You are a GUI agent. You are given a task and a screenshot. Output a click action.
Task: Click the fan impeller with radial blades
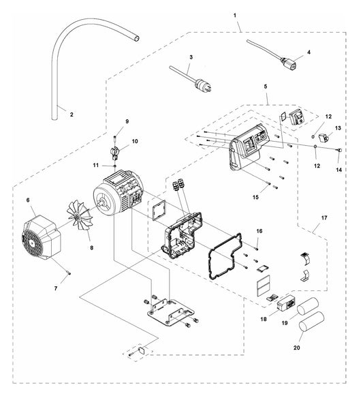(x=80, y=215)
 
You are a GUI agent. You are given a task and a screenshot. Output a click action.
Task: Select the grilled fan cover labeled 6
(x=41, y=238)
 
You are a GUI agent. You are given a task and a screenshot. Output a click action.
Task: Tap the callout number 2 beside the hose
(x=72, y=114)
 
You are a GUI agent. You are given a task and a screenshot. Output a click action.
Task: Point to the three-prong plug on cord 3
(x=204, y=85)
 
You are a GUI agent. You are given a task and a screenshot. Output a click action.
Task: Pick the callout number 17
(x=324, y=218)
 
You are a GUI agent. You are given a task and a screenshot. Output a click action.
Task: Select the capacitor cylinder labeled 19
(x=307, y=307)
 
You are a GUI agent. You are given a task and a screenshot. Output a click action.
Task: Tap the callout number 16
(x=259, y=231)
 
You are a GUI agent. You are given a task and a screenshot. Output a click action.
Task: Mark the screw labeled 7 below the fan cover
(x=68, y=273)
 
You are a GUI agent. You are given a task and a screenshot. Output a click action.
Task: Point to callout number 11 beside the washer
(x=95, y=165)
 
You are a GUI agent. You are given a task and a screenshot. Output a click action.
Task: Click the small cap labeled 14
(x=340, y=150)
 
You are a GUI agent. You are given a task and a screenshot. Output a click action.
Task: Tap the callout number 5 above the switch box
(x=266, y=87)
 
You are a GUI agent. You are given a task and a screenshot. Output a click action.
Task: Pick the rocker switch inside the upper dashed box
(x=296, y=117)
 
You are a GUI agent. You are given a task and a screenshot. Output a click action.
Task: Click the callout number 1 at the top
(x=235, y=15)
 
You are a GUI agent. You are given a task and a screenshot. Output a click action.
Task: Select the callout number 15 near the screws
(x=255, y=197)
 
